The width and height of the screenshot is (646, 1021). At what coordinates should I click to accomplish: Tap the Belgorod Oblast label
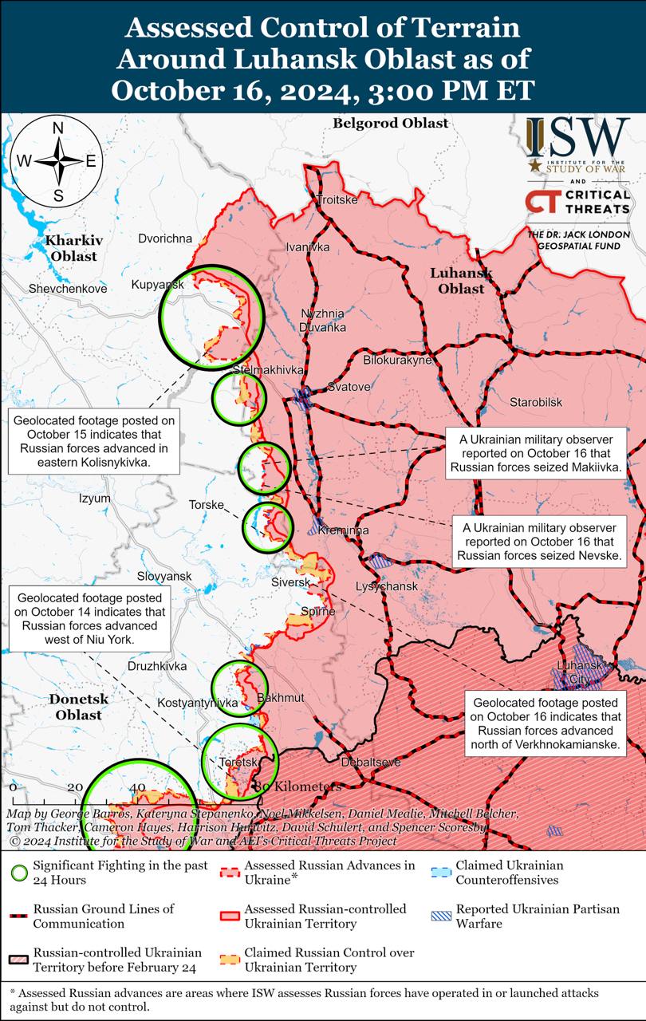(x=390, y=124)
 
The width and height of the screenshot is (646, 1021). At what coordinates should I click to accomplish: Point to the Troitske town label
(x=337, y=199)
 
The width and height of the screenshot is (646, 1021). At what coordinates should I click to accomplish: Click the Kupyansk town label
(x=158, y=285)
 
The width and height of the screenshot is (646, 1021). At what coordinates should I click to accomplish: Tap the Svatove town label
(x=349, y=387)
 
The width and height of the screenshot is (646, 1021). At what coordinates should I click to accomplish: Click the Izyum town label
(x=95, y=499)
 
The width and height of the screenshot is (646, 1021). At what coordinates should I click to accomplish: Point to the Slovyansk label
(x=164, y=576)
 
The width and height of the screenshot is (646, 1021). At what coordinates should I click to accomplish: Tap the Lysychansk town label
(x=386, y=586)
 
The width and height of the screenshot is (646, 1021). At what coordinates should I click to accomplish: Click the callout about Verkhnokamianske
(x=546, y=724)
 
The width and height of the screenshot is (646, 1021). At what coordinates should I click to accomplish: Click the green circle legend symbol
(x=20, y=873)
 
